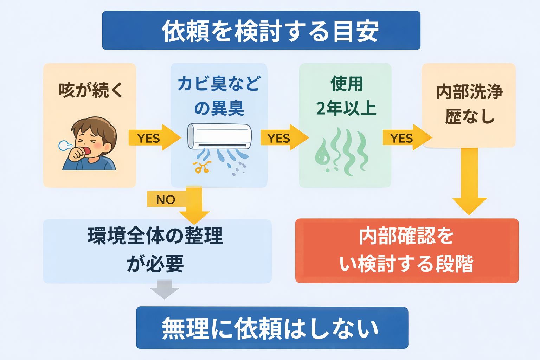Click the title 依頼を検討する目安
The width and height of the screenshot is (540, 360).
[x=270, y=31]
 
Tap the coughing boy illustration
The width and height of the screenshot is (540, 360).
[x=90, y=144]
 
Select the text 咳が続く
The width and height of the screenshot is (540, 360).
[x=91, y=90]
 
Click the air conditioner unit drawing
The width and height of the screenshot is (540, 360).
[x=220, y=136]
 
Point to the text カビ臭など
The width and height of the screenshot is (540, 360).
[x=219, y=84]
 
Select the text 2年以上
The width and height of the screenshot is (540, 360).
[x=346, y=108]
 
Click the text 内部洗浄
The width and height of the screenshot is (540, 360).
[x=469, y=92]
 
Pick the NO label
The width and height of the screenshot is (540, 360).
[x=166, y=200]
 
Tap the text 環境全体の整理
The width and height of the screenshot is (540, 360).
[x=155, y=236]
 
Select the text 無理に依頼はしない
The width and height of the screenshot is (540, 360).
[x=270, y=328]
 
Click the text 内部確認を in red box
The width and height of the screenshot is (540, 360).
[x=406, y=236]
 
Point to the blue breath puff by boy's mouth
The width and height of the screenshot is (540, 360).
[x=65, y=145]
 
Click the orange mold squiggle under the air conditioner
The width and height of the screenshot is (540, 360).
[x=202, y=167]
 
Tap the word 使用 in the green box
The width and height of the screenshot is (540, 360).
[x=346, y=84]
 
